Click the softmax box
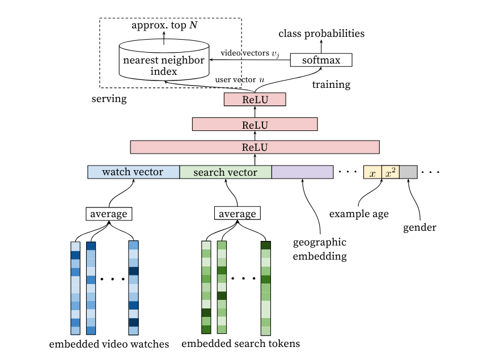pos(321,60)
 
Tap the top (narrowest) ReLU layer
pos(255,100)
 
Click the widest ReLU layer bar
pos(255,147)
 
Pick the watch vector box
pos(133,172)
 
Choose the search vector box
pos(226,172)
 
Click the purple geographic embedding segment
pos(302,172)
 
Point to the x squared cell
pos(391,172)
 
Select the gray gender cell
pos(408,172)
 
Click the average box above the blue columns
pos(109,214)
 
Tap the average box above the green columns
pos(237,214)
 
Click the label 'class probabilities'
pos(321,33)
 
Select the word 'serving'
pos(109,99)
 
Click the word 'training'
pos(332,85)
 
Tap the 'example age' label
pos(359,214)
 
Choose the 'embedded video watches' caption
pos(109,344)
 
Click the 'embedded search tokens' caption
pos(240,344)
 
